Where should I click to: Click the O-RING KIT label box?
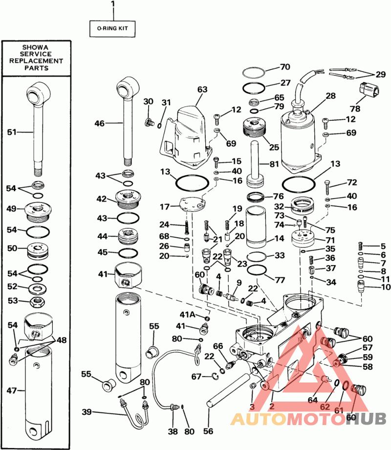(112, 28)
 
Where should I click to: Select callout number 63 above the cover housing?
(202, 90)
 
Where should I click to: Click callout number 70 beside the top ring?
(285, 67)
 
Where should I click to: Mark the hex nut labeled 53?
(36, 300)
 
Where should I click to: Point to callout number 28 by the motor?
(331, 95)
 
